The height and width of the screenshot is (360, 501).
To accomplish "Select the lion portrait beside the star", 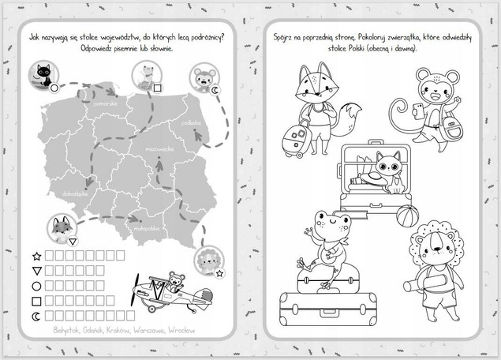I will coord(208,261).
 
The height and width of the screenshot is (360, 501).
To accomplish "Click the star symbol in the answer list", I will coord(35,256).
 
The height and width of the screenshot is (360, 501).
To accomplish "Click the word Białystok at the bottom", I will coord(63,330).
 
